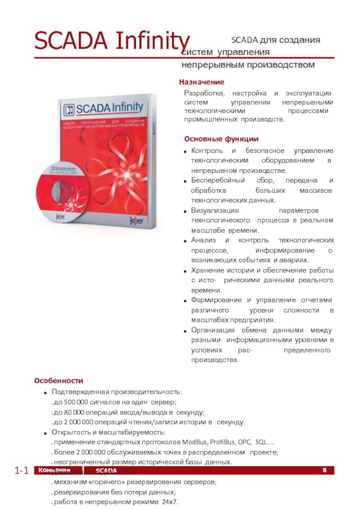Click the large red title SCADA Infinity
pyautogui.click(x=112, y=41)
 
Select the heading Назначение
pyautogui.click(x=202, y=82)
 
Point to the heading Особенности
pyautogui.click(x=58, y=381)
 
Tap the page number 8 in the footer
pyautogui.click(x=325, y=470)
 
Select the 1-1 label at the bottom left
pyautogui.click(x=22, y=471)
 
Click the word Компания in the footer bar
pyautogui.click(x=54, y=470)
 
